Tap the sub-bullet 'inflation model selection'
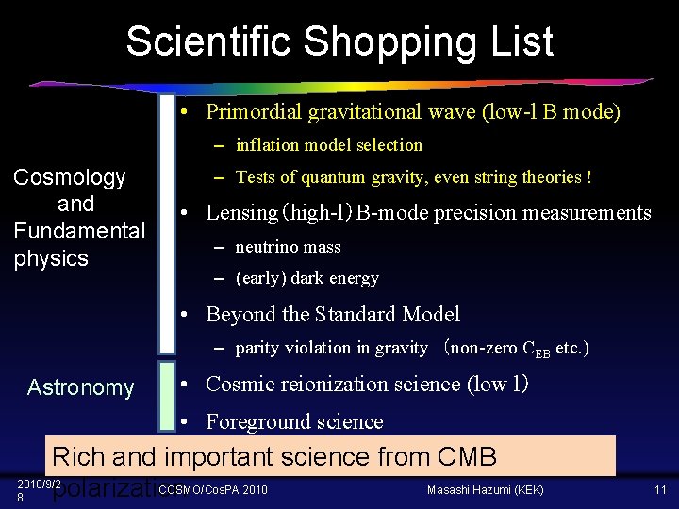[329, 145]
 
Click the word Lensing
[240, 213]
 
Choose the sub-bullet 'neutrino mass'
[288, 247]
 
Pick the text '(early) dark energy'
[306, 278]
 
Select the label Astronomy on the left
[81, 387]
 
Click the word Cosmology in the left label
[69, 177]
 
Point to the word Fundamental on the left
[79, 231]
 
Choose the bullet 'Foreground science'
[294, 421]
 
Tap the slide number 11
[660, 489]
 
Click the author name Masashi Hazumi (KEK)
[486, 489]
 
